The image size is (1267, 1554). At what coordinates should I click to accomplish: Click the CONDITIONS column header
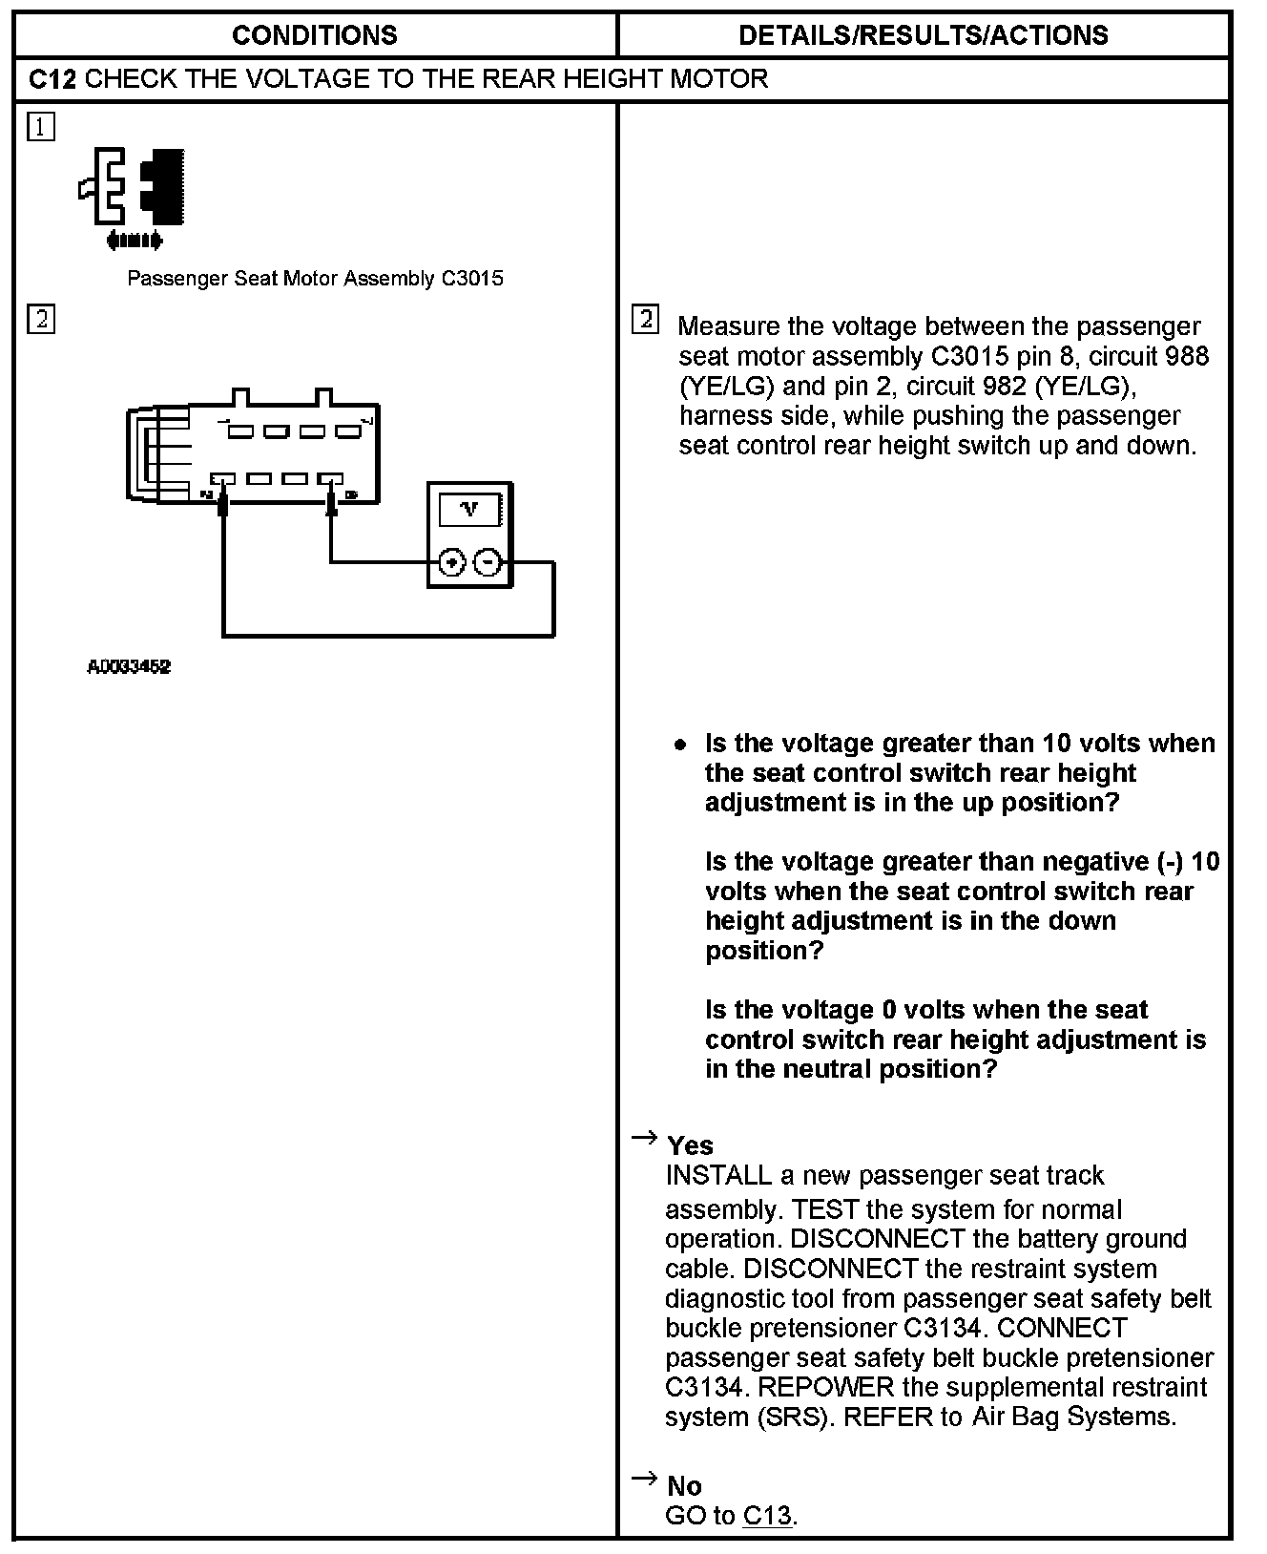click(314, 35)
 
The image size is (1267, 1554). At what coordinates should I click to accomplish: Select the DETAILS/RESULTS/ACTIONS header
click(923, 35)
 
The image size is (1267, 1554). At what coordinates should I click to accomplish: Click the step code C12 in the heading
click(52, 78)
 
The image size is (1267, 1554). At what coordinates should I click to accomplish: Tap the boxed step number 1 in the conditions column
click(41, 127)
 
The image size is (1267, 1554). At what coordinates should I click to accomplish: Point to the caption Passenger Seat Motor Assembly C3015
click(315, 279)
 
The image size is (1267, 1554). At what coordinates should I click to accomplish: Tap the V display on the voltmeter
click(469, 510)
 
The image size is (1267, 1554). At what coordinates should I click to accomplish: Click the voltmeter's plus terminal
click(451, 563)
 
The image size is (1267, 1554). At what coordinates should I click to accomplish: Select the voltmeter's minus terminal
click(488, 563)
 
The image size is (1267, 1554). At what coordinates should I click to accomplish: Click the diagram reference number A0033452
click(129, 667)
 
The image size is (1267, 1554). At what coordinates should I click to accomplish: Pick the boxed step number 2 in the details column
click(645, 320)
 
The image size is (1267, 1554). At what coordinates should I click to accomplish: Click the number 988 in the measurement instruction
click(1186, 356)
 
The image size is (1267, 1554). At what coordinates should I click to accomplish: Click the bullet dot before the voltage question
click(680, 745)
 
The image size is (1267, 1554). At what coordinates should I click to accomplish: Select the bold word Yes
click(690, 1145)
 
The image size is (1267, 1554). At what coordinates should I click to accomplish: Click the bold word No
click(684, 1486)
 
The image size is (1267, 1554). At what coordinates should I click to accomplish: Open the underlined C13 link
click(767, 1515)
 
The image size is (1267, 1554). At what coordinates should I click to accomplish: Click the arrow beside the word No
click(645, 1479)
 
